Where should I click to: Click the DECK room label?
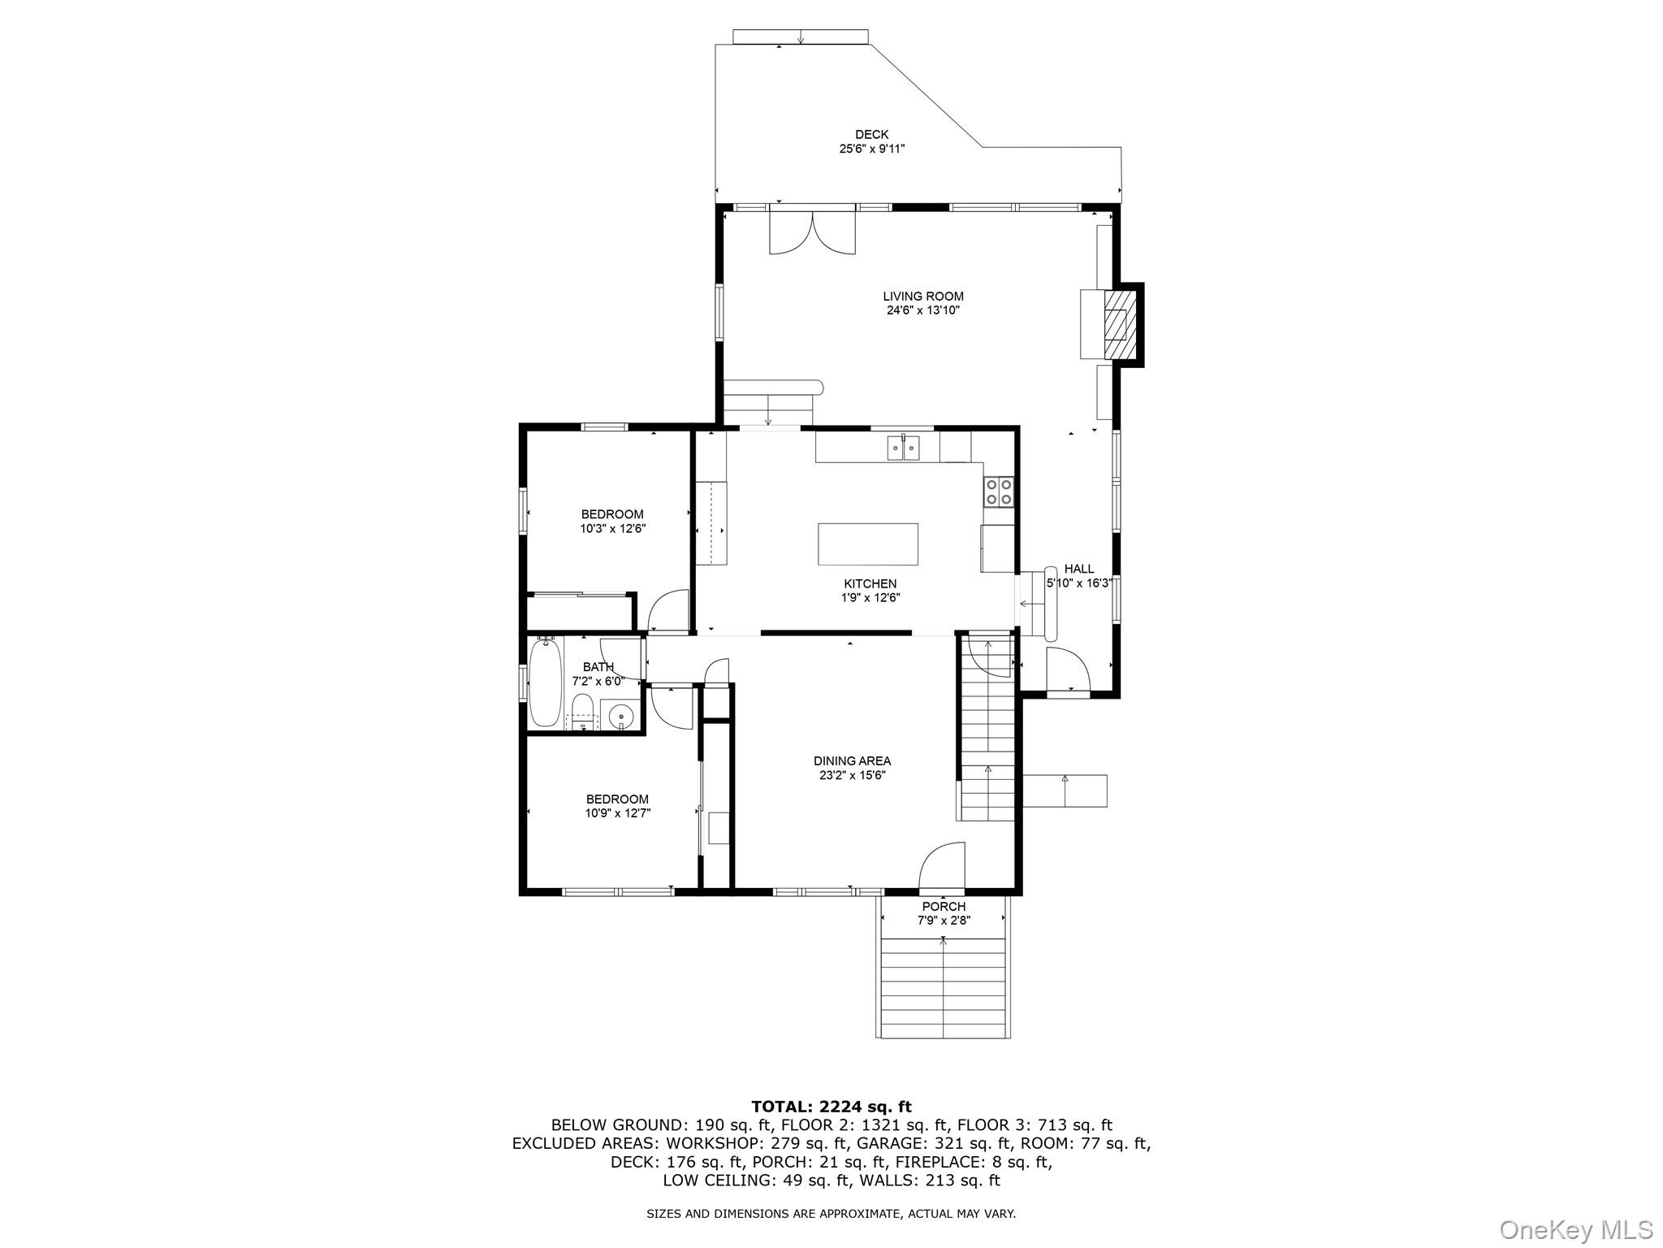point(871,135)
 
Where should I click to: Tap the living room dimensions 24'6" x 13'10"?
point(923,310)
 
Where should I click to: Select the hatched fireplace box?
point(1119,324)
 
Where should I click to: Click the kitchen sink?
point(903,448)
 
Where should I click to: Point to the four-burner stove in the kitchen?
point(999,491)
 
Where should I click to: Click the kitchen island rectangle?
point(867,544)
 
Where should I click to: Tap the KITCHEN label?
point(870,583)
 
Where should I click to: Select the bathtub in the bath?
point(545,682)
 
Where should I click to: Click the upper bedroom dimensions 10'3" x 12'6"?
point(612,528)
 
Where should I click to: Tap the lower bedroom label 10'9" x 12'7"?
point(617,812)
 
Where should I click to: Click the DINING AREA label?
point(852,760)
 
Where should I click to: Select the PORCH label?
point(944,906)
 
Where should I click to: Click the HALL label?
point(1078,569)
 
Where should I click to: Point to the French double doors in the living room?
point(812,232)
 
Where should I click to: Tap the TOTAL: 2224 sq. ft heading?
point(831,1107)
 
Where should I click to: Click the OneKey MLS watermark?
point(1575,1229)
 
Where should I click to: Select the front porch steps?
point(944,986)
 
